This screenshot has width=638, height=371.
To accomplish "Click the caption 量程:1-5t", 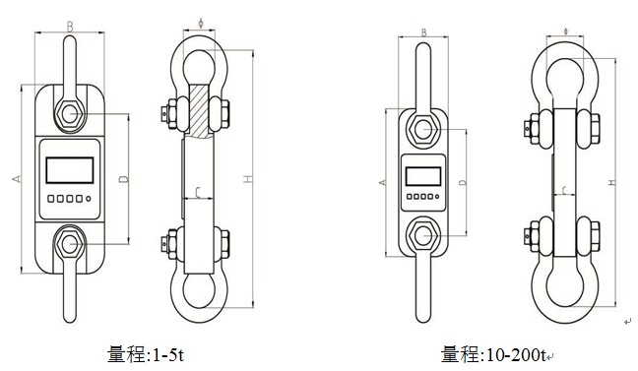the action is click(146, 354).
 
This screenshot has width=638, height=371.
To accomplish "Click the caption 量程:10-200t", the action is click(493, 354).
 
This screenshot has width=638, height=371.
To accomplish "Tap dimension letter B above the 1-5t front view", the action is click(70, 27).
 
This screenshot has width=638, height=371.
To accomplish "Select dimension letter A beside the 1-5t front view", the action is click(17, 178).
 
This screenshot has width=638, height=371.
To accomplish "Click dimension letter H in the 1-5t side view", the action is click(248, 178).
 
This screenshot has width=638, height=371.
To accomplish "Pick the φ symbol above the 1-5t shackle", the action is click(200, 23).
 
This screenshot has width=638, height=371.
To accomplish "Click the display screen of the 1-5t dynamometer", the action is click(70, 170).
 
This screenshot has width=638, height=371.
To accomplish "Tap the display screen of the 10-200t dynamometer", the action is click(423, 176).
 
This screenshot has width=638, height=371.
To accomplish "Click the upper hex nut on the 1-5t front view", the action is click(70, 113).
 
